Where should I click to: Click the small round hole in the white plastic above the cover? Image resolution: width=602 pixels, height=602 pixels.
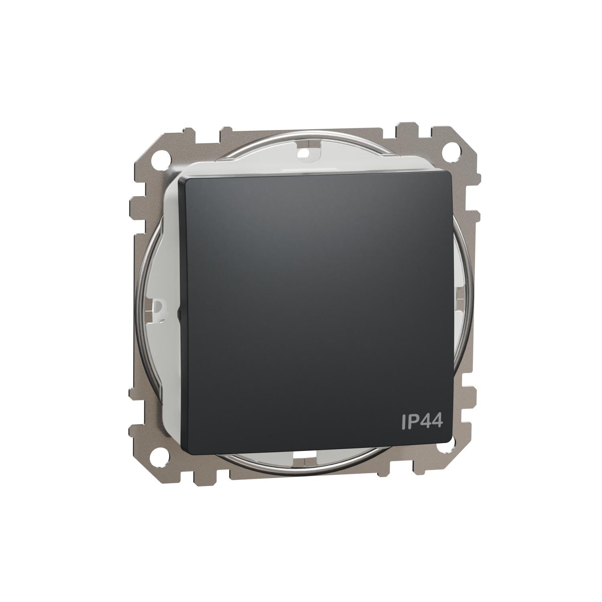pyautogui.click(x=305, y=153)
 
